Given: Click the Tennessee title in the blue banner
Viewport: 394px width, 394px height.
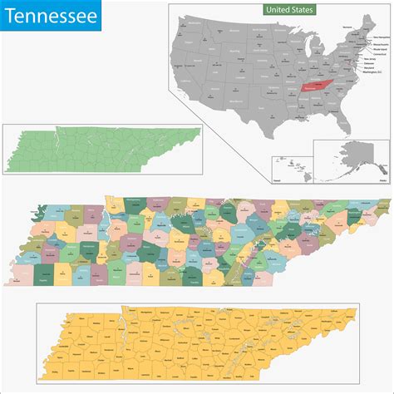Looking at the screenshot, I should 48,16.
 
